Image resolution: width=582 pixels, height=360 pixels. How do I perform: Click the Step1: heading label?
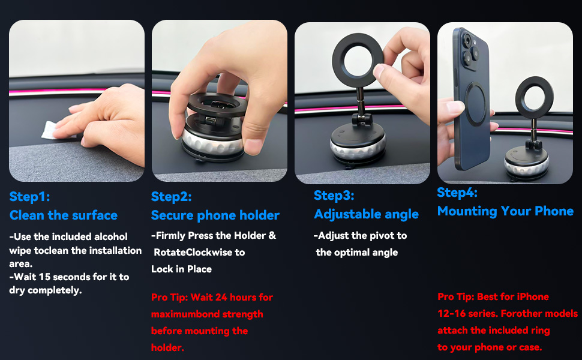pos(30,197)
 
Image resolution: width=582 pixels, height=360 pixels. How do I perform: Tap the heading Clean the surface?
pos(64,215)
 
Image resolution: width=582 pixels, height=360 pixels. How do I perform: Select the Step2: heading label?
pos(172,197)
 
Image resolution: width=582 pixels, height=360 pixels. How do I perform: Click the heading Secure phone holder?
pos(215,215)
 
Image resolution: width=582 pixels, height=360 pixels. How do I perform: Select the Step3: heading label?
pos(334,196)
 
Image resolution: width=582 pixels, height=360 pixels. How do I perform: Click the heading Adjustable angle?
pos(367,214)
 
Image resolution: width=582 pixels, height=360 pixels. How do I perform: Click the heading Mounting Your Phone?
pos(505,211)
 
